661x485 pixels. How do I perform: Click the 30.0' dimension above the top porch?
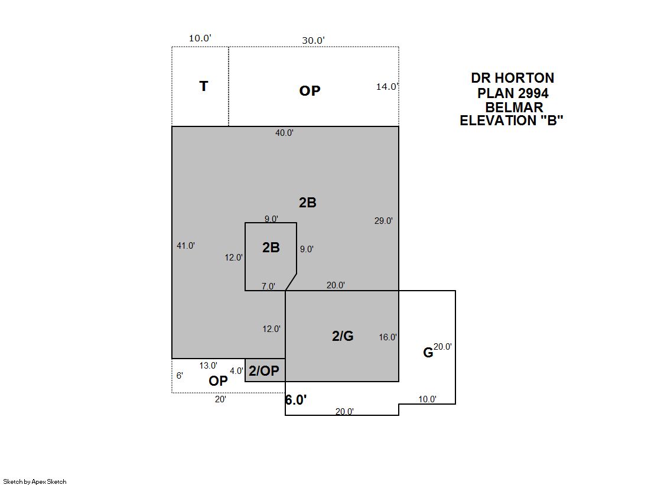click(313, 40)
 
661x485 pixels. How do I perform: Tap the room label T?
click(204, 86)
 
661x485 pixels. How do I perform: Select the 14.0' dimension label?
click(388, 86)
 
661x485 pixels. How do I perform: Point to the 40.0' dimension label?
click(285, 133)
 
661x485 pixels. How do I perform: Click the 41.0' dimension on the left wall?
click(185, 245)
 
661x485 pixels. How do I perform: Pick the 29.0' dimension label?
click(383, 220)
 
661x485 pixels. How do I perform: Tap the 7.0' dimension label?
click(268, 287)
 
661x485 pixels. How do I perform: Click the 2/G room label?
click(343, 336)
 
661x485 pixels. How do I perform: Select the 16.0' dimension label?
click(388, 337)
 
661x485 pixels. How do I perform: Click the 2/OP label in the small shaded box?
click(264, 371)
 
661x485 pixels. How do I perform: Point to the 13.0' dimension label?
click(209, 366)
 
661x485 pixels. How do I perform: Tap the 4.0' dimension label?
click(236, 371)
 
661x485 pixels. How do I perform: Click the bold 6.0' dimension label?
click(296, 399)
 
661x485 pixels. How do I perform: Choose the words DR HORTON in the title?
click(513, 78)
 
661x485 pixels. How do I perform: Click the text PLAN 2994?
click(513, 93)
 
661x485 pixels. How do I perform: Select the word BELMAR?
click(515, 107)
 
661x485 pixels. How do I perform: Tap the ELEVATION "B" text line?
click(512, 121)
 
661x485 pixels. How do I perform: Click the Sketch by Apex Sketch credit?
click(35, 481)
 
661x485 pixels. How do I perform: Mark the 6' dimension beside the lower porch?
click(180, 375)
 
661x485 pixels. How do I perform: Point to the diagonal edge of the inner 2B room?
click(291, 282)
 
